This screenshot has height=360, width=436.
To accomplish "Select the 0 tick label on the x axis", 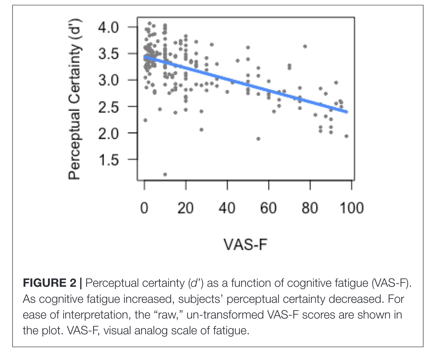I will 145,208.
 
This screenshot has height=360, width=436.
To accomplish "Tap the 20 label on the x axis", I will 186,208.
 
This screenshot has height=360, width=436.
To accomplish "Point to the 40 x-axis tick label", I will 227,208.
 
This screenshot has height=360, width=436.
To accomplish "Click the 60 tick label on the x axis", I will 268,208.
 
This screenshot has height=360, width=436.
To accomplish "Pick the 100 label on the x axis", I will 351,208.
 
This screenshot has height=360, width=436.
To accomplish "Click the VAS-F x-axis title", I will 246,244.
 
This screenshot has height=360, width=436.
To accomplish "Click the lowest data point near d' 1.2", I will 165,174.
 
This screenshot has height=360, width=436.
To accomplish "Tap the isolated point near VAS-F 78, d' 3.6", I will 305,46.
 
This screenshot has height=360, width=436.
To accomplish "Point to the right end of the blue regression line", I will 347,112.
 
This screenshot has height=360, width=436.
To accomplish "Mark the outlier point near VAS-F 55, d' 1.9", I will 258,139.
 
